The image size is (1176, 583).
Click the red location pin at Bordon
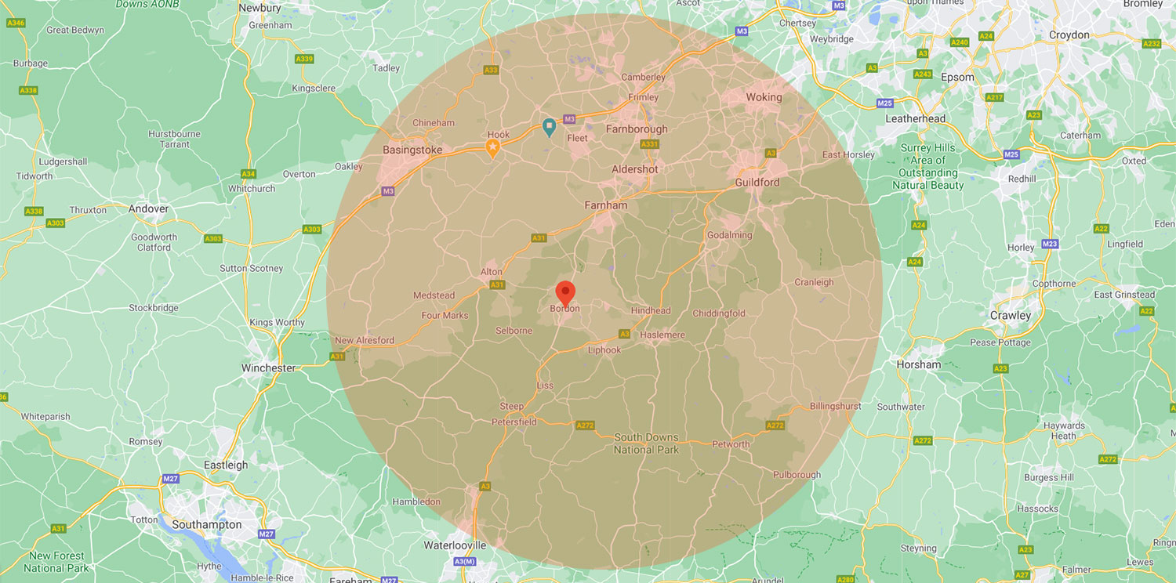point(565,293)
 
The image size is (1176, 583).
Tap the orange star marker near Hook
point(493,148)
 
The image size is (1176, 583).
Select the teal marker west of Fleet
point(550,127)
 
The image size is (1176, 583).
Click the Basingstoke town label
point(412,150)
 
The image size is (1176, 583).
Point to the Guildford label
point(757,182)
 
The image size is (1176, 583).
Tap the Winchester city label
point(268,368)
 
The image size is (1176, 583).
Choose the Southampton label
point(207,524)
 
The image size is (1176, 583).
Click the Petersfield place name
point(514,422)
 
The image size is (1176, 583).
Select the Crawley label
point(1011,315)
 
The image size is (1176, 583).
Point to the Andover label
point(148,209)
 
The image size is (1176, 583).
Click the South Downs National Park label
point(647,444)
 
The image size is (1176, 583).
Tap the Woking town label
point(764,97)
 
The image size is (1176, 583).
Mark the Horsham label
point(919,364)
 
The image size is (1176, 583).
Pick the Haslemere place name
point(662,335)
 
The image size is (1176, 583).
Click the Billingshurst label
point(836,406)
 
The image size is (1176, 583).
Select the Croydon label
point(1069,34)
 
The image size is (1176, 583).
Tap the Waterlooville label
point(455,545)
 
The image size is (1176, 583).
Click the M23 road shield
point(1050,244)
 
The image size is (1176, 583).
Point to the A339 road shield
point(304,59)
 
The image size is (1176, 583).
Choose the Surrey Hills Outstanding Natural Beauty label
point(928,166)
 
